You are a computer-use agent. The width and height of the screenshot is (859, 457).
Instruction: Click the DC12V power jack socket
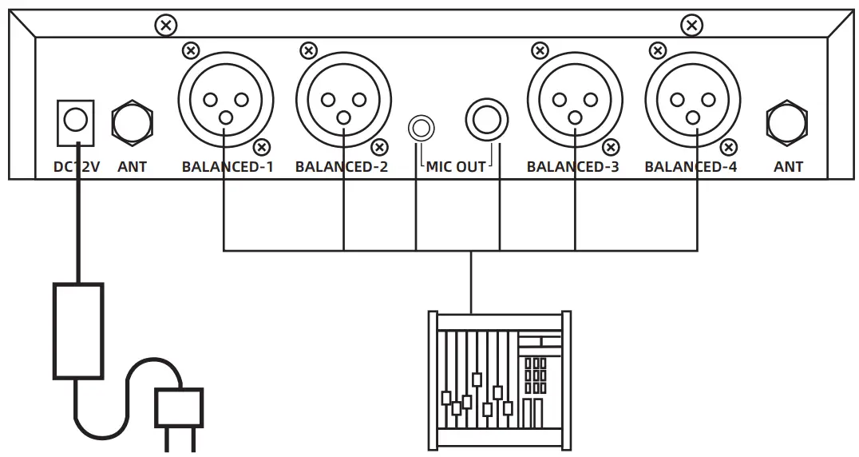point(75,121)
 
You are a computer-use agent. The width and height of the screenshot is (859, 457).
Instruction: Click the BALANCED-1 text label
point(228,168)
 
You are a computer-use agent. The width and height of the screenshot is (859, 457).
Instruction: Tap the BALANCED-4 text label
point(691,168)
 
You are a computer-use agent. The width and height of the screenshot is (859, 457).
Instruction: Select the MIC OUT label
point(456,168)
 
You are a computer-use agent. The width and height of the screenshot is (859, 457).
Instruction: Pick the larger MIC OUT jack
point(486,121)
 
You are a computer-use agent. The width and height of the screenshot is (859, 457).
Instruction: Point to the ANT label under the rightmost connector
point(788,168)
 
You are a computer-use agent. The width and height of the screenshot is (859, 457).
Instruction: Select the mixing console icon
point(500,380)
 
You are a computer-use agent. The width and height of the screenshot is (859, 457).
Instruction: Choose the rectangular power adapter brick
point(77,331)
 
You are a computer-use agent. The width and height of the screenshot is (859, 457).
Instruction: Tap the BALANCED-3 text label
point(572,168)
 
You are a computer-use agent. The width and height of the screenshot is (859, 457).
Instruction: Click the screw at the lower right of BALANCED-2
point(380,147)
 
